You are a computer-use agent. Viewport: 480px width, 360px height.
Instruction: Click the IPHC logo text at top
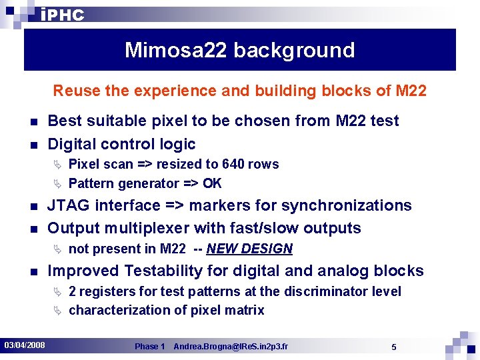[62, 15]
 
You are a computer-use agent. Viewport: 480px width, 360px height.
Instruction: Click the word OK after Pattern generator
[213, 183]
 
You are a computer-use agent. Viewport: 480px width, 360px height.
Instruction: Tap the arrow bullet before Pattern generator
[57, 183]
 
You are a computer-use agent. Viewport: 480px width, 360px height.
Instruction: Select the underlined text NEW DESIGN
[249, 249]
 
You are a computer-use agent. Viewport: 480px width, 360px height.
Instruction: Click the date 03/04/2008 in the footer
[25, 345]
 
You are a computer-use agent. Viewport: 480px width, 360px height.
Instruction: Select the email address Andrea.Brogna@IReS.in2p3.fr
[231, 347]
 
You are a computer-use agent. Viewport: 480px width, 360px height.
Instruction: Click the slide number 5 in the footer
[394, 347]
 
